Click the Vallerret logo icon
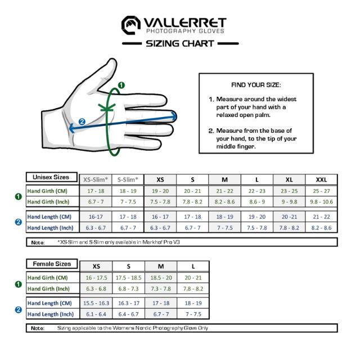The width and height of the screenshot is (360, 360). point(131,25)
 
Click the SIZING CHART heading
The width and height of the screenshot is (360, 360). point(180,43)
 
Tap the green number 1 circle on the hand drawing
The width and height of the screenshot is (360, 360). point(121,85)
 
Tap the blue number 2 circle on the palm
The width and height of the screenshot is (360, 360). point(82,121)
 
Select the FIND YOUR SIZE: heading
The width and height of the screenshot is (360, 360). point(255,85)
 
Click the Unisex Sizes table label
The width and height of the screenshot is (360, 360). point(51,177)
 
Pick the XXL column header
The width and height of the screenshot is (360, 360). point(321,179)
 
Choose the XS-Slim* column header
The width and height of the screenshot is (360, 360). point(96,179)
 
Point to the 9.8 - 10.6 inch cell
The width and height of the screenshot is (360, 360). point(321,201)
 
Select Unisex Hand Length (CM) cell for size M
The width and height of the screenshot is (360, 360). point(225,217)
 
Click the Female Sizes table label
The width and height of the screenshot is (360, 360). point(52,264)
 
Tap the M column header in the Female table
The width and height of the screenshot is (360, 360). point(161,266)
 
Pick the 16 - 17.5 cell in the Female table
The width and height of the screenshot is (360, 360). point(96,278)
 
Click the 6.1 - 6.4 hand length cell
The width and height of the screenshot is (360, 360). point(96,314)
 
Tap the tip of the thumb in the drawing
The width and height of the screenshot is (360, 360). point(112,63)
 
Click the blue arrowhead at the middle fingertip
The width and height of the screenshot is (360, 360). point(174,116)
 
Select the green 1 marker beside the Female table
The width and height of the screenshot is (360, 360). point(18,284)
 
